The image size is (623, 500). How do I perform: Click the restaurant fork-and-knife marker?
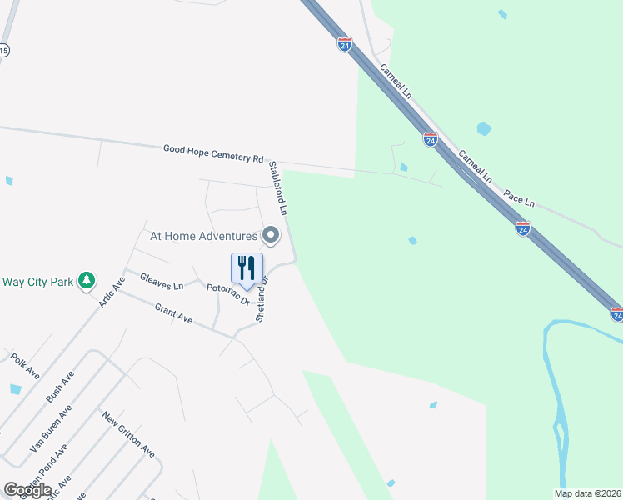247,268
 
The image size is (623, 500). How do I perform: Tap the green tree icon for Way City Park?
86,281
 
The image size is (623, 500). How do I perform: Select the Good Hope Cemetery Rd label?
213,152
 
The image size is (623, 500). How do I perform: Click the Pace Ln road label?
518,198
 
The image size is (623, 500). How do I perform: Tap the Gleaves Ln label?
162,281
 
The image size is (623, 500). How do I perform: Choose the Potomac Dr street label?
228,292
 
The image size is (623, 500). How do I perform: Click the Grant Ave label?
173,313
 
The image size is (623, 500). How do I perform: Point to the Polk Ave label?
25,363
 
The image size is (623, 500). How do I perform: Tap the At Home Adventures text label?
203,236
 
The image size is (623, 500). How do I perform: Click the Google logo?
27,490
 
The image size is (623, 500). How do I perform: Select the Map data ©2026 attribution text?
587,493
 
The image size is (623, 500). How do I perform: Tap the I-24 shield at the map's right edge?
616,314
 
